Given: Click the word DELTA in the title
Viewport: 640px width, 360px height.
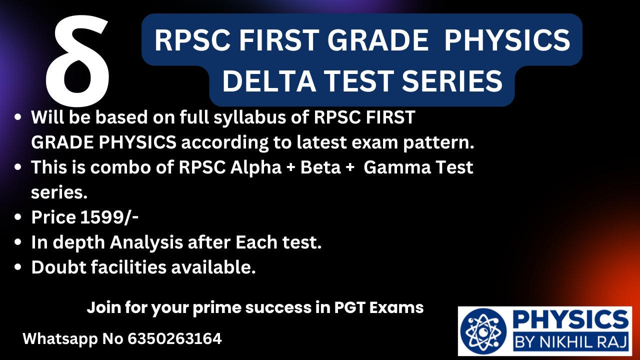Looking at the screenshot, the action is (x=269, y=81).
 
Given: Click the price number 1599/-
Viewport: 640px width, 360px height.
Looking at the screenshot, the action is (x=109, y=217).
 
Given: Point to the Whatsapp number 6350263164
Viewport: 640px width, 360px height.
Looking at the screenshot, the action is (x=174, y=339).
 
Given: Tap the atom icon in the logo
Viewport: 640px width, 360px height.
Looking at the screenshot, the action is (x=483, y=331).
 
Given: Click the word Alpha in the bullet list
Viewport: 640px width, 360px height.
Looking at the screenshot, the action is (x=255, y=168).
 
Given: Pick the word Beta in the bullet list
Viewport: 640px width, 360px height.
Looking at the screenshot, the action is (x=320, y=167).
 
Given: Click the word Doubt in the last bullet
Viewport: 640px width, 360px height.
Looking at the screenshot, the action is (x=59, y=267).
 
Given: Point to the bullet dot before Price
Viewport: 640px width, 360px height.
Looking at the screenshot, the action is (x=17, y=217).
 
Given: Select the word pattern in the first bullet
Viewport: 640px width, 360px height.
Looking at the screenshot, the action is (x=438, y=143).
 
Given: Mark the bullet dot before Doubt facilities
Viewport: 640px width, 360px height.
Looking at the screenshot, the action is (x=17, y=267).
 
